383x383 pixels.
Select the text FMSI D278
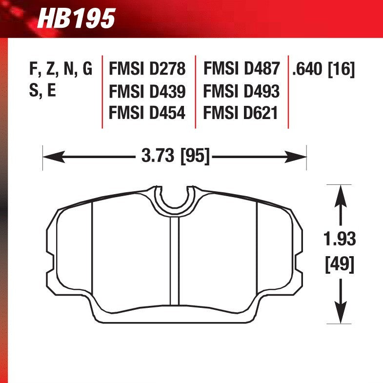[147, 69]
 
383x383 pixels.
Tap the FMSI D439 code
[147, 91]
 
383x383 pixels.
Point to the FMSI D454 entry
[147, 113]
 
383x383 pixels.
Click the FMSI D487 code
[241, 69]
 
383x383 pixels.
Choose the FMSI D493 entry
[241, 91]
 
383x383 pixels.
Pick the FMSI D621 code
[241, 113]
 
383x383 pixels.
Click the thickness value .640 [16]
[323, 69]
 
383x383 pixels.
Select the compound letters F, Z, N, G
[60, 69]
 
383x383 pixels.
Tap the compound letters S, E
[43, 91]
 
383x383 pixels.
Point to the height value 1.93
[340, 240]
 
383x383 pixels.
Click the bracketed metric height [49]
[340, 265]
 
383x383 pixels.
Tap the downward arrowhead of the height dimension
[340, 317]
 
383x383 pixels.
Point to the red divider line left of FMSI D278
[102, 91]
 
